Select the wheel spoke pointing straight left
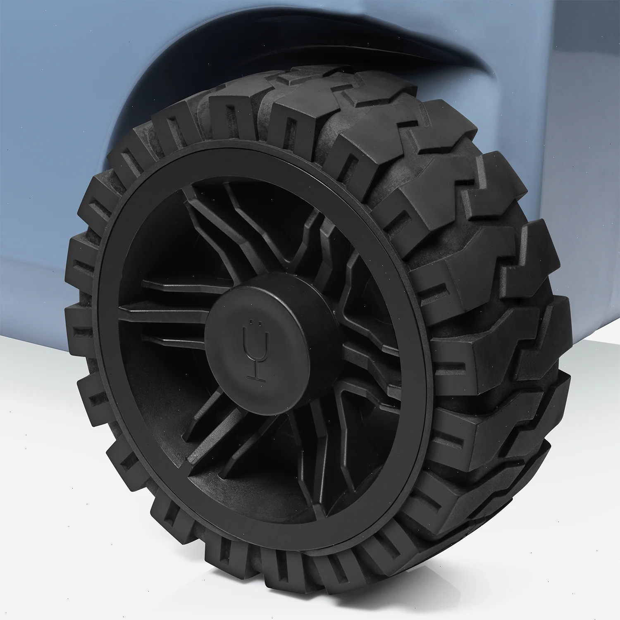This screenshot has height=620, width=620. point(165,308)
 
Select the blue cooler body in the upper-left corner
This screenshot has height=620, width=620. point(50,62)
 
